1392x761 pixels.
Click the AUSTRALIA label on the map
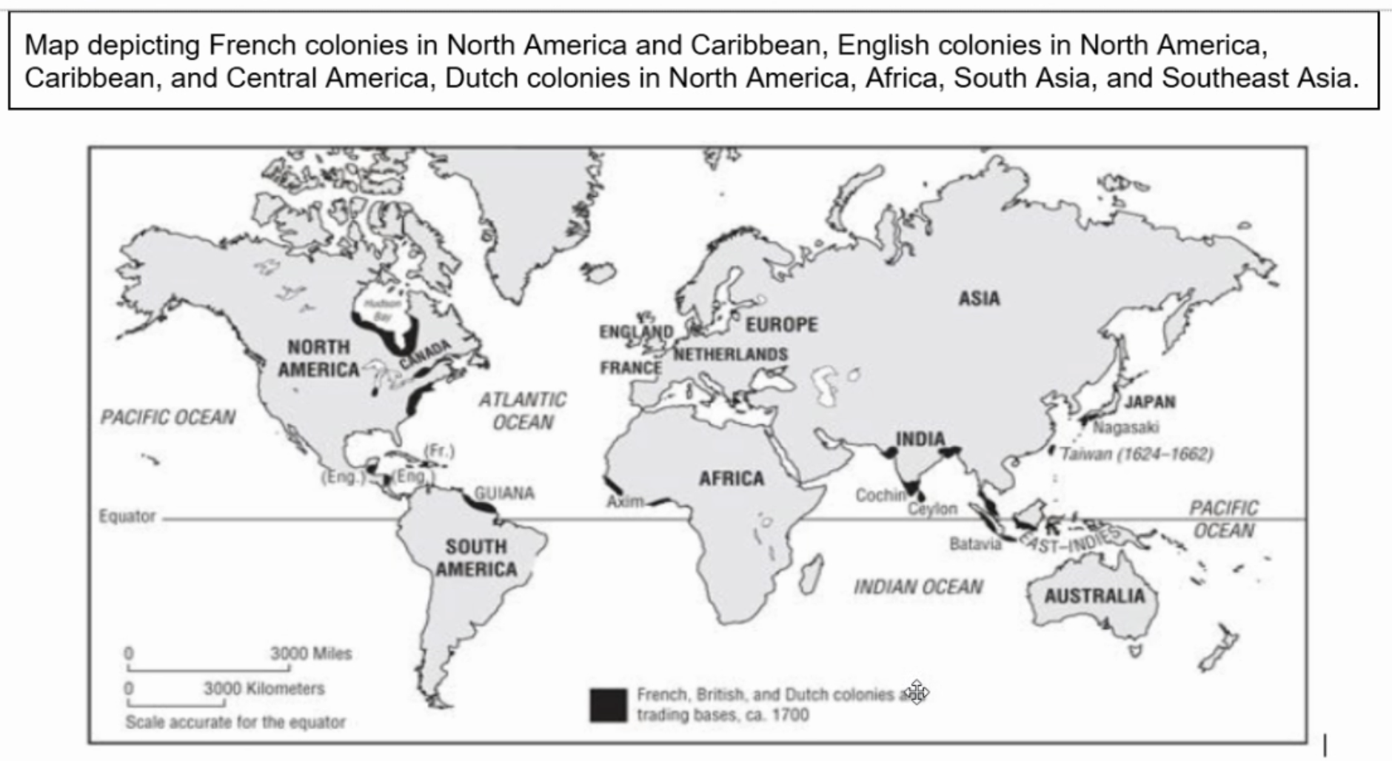pos(1094,596)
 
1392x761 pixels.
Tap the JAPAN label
pos(1150,402)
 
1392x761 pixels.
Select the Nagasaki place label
pos(1126,427)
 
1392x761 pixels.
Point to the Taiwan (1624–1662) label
pos(1137,453)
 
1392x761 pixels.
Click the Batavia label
pos(975,544)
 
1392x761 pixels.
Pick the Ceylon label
pos(932,509)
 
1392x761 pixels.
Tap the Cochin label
pos(880,495)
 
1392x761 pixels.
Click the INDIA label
pos(920,439)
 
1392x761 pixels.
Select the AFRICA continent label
pos(731,478)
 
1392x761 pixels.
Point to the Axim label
pos(625,502)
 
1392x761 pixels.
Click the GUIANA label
pos(503,493)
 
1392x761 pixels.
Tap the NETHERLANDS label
pos(731,354)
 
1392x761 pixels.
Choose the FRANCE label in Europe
pos(631,367)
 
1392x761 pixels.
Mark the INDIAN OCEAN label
pos(918,587)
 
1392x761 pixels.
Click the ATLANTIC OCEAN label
pos(523,411)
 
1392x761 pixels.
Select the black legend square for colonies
pos(608,705)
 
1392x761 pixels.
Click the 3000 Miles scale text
pos(311,654)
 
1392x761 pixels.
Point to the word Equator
pos(127,516)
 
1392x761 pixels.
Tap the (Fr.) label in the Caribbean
pos(438,450)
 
